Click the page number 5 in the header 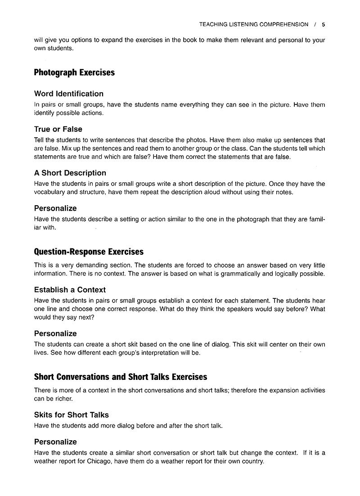pyautogui.click(x=323, y=24)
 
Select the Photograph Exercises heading pyautogui.click(x=74, y=72)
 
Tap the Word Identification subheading pyautogui.click(x=69, y=94)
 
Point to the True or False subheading pyautogui.click(x=58, y=129)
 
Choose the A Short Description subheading pyautogui.click(x=70, y=173)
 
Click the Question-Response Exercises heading pyautogui.click(x=89, y=252)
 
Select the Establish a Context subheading pyautogui.click(x=70, y=290)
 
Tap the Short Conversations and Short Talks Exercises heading pyautogui.click(x=121, y=377)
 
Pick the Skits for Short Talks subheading pyautogui.click(x=72, y=415)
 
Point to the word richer pyautogui.click(x=63, y=399)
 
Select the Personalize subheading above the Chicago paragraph pyautogui.click(x=55, y=442)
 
